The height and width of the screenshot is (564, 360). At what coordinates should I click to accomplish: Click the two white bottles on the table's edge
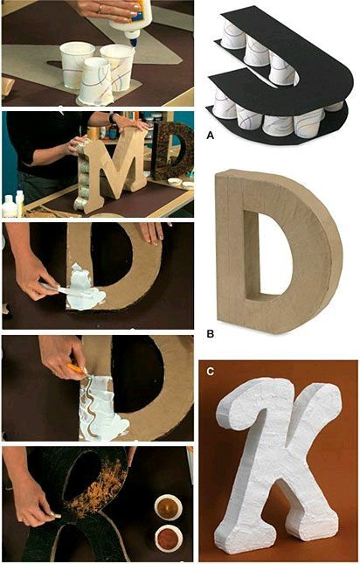point(10,206)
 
